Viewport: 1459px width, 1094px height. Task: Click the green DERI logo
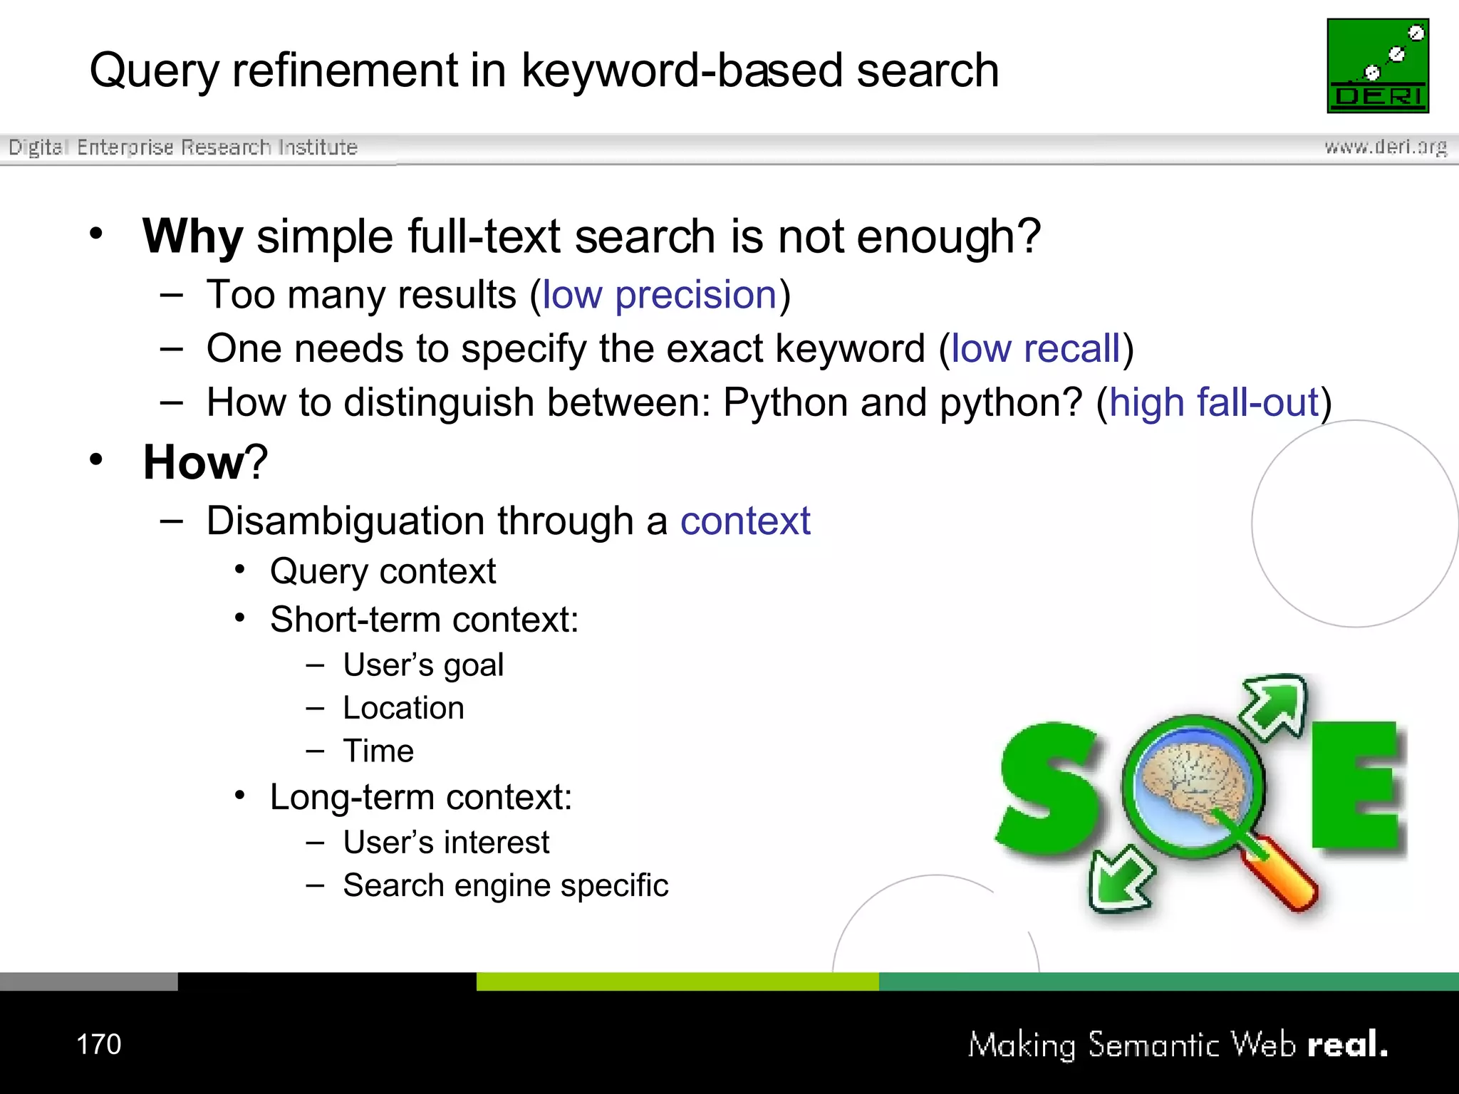[x=1378, y=66]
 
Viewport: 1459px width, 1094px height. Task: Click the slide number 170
[x=98, y=1044]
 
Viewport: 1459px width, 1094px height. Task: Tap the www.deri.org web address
[x=1385, y=147]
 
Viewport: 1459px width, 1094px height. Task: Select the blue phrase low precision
[x=659, y=295]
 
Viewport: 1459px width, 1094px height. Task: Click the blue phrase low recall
[x=1036, y=349]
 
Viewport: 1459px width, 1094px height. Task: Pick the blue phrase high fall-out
[x=1214, y=402]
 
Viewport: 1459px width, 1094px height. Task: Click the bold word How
[x=194, y=462]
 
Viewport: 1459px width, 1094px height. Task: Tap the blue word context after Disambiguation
[x=745, y=521]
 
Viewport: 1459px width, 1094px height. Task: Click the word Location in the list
[x=403, y=708]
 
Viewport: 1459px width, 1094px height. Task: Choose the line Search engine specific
[x=505, y=885]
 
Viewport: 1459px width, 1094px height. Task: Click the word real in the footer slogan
[x=1342, y=1045]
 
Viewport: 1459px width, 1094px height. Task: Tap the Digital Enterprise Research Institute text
[x=183, y=147]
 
